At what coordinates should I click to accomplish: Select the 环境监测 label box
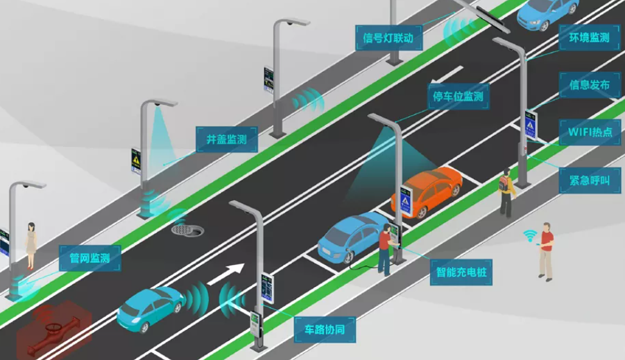[x=589, y=38]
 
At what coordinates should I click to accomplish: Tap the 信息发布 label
[x=589, y=85]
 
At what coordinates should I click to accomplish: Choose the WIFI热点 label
[x=589, y=133]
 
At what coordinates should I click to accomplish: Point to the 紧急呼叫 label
[x=589, y=180]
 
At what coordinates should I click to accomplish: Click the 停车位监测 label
[x=458, y=97]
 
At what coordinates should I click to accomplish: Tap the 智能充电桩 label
[x=461, y=273]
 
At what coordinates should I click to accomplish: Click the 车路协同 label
[x=324, y=330]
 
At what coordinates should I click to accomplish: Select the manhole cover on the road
[x=185, y=228]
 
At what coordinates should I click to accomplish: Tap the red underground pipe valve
[x=53, y=327]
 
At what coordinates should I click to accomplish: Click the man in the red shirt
[x=545, y=251]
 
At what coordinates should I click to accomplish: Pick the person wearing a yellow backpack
[x=506, y=191]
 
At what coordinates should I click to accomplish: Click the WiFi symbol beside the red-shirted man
[x=529, y=235]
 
